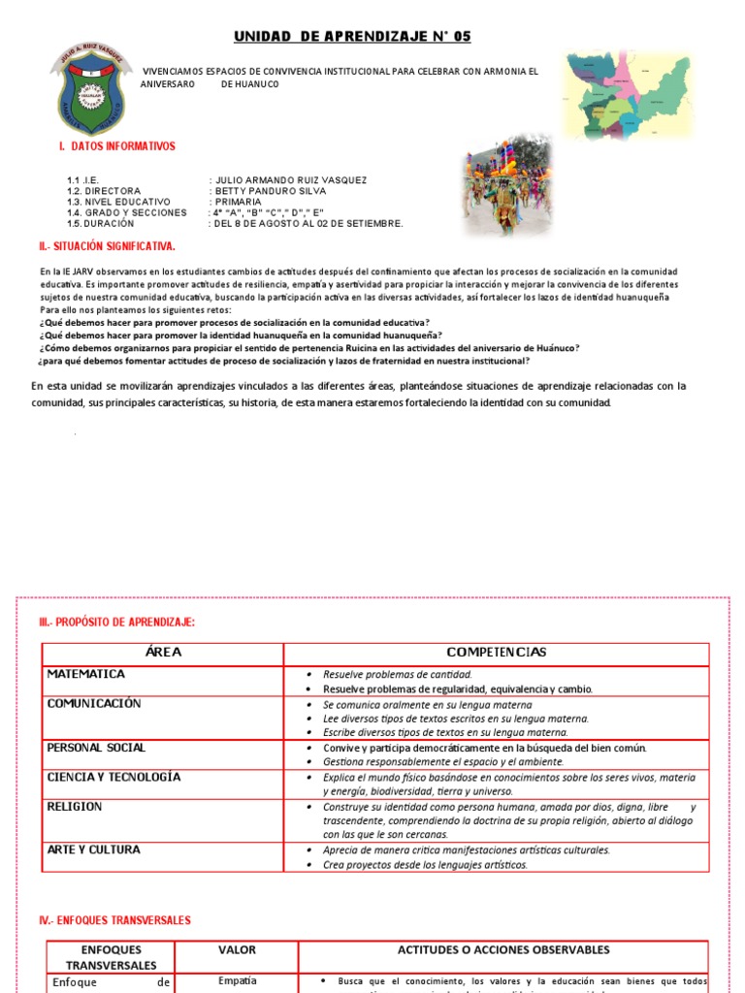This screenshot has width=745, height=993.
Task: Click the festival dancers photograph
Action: [x=506, y=185]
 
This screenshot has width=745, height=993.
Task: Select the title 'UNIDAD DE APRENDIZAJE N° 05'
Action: [x=352, y=36]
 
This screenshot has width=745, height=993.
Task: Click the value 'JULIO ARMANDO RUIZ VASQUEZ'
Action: [x=290, y=180]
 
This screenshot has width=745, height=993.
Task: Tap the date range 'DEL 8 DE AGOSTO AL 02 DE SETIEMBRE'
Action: [x=308, y=223]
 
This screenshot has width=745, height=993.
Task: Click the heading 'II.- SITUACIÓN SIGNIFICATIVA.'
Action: [x=107, y=247]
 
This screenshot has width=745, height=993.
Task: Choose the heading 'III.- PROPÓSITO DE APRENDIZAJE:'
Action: [x=116, y=622]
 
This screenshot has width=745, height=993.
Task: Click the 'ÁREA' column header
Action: [x=163, y=653]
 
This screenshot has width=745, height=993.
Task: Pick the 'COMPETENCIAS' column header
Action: [x=496, y=653]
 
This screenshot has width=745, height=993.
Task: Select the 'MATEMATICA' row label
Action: [x=86, y=674]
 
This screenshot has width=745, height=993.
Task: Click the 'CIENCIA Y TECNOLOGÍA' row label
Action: [x=113, y=778]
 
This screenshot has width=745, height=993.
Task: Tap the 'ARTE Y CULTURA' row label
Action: [x=94, y=850]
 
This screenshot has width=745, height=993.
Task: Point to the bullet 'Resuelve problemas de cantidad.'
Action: [x=397, y=674]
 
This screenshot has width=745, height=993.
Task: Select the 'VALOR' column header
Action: [x=237, y=949]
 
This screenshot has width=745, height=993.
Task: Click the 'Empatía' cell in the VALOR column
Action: [x=237, y=981]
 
